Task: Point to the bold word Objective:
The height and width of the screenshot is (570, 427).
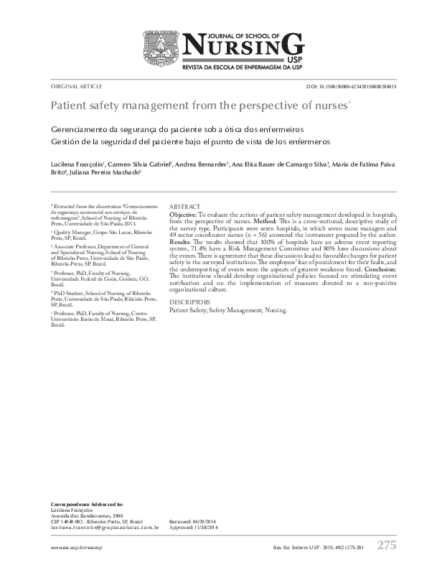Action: (x=183, y=215)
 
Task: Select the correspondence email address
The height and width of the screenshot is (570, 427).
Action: (x=105, y=527)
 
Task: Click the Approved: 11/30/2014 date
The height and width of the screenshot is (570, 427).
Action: (x=193, y=527)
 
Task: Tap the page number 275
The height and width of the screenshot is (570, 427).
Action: (x=386, y=545)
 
